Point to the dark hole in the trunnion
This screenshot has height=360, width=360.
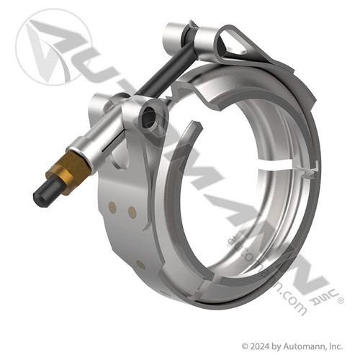coord(149,117)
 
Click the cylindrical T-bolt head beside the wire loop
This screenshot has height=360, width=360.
coord(178,32)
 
